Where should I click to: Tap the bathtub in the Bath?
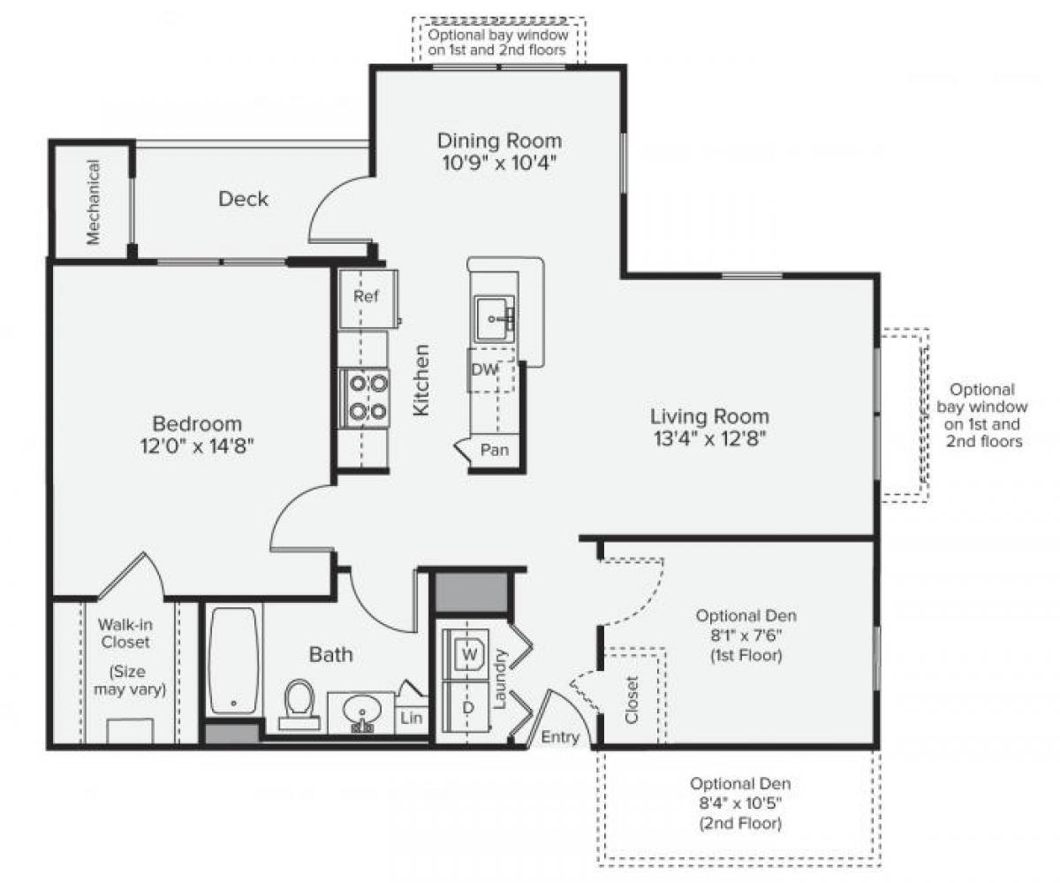click(233, 660)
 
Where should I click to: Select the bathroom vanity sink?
click(361, 711)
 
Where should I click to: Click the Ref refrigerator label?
click(366, 296)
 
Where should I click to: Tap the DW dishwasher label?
click(484, 370)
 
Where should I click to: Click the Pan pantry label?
click(495, 450)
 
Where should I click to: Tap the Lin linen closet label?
click(412, 719)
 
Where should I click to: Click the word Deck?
click(243, 199)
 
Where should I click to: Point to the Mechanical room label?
click(94, 201)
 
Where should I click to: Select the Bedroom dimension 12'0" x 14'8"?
click(197, 446)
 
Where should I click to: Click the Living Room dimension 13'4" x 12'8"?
click(709, 438)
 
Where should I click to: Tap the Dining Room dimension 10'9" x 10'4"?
click(500, 163)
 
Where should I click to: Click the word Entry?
click(560, 737)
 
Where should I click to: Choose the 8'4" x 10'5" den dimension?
click(740, 803)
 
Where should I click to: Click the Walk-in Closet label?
click(124, 634)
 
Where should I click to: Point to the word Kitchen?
click(422, 380)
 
